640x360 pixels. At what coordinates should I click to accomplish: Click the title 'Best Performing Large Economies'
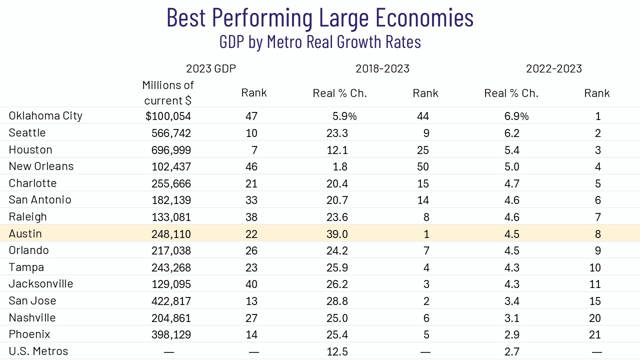(320, 18)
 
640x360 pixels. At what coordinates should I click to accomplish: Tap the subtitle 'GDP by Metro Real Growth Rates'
(320, 41)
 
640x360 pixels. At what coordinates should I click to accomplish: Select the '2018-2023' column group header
(382, 68)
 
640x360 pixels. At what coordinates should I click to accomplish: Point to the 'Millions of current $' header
(168, 92)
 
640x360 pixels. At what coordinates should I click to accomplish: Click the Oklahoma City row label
(45, 116)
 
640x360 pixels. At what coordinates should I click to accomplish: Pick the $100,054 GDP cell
(168, 116)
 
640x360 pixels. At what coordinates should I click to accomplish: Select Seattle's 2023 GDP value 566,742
(171, 133)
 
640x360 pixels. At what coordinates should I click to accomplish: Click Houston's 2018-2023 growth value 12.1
(338, 150)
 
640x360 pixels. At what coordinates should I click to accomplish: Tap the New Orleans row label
(41, 166)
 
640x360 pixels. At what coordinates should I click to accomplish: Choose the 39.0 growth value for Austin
(338, 234)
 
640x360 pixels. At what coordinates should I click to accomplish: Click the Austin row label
(25, 234)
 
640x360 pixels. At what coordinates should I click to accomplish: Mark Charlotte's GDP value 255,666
(171, 183)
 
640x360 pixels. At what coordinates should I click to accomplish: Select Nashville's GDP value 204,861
(171, 318)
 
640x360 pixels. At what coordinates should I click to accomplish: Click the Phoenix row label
(29, 334)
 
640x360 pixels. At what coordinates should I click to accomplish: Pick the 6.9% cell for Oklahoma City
(516, 116)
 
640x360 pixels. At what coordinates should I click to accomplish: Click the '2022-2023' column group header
(554, 68)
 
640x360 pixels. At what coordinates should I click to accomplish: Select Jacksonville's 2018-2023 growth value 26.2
(338, 284)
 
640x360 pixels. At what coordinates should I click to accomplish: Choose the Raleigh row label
(27, 217)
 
